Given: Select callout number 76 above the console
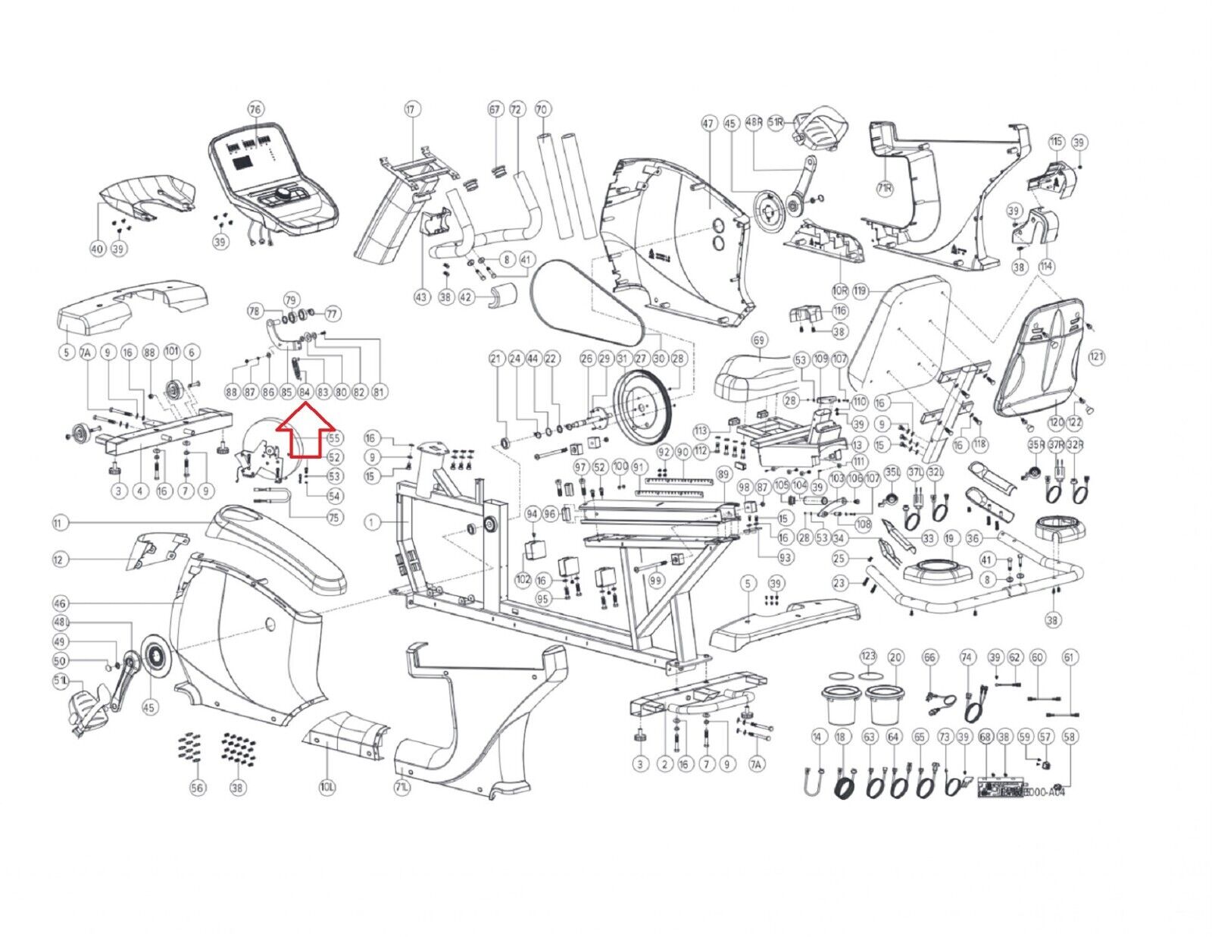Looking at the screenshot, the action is (x=255, y=109).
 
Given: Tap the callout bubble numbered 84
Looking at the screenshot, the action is (x=305, y=392).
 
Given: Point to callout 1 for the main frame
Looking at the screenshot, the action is (x=372, y=522).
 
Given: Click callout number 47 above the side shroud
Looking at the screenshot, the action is (x=708, y=123).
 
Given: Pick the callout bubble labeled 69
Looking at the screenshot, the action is (x=759, y=340).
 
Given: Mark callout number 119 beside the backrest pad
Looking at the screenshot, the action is (x=859, y=290).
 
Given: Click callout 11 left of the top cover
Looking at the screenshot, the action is (x=61, y=523).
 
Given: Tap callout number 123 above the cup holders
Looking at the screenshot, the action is (x=869, y=656).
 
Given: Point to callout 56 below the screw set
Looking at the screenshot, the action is (x=197, y=788).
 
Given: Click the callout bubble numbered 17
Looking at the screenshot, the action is (x=411, y=109).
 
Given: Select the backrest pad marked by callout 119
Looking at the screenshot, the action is (x=898, y=334).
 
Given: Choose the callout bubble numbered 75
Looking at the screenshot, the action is (x=334, y=518).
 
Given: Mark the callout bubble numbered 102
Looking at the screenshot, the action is (x=523, y=579).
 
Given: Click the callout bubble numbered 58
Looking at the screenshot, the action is (x=1070, y=735).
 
